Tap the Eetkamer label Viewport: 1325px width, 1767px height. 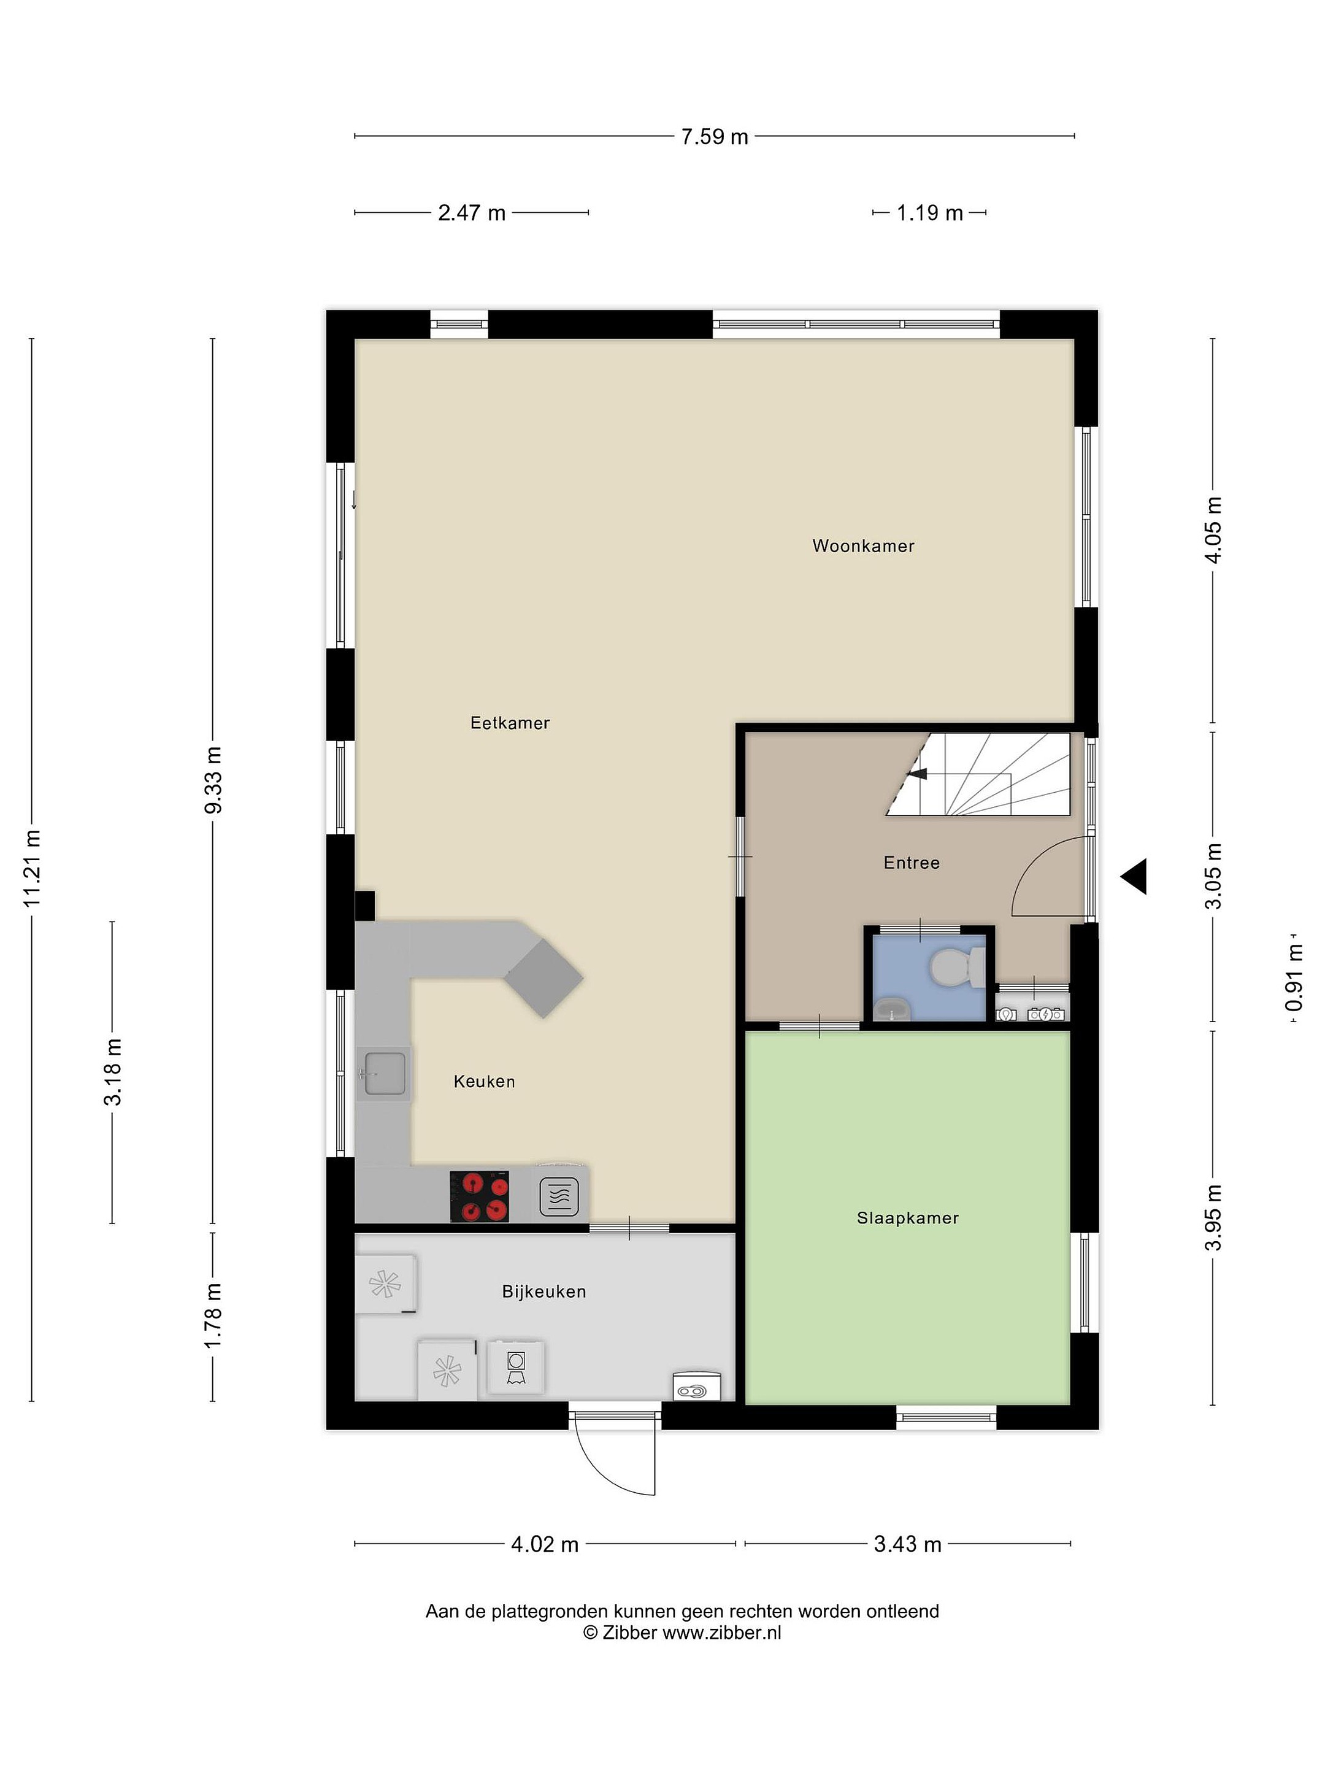pyautogui.click(x=510, y=723)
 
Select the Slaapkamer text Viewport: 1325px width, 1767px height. pyautogui.click(x=907, y=1218)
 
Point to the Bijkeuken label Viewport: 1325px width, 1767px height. pyautogui.click(x=544, y=1292)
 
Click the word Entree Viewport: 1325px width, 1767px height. pyautogui.click(x=912, y=863)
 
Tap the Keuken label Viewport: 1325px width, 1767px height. pyautogui.click(x=484, y=1082)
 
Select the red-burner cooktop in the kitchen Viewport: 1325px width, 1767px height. pyautogui.click(x=479, y=1196)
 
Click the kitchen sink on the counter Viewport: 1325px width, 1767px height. pyautogui.click(x=385, y=1073)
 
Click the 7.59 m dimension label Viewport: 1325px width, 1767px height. pyautogui.click(x=714, y=137)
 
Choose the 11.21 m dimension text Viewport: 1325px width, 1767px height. pyautogui.click(x=32, y=868)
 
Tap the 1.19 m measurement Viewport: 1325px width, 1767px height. pyautogui.click(x=929, y=214)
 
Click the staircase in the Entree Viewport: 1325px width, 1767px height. pyautogui.click(x=978, y=774)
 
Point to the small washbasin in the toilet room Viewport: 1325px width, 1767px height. pyautogui.click(x=892, y=1010)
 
